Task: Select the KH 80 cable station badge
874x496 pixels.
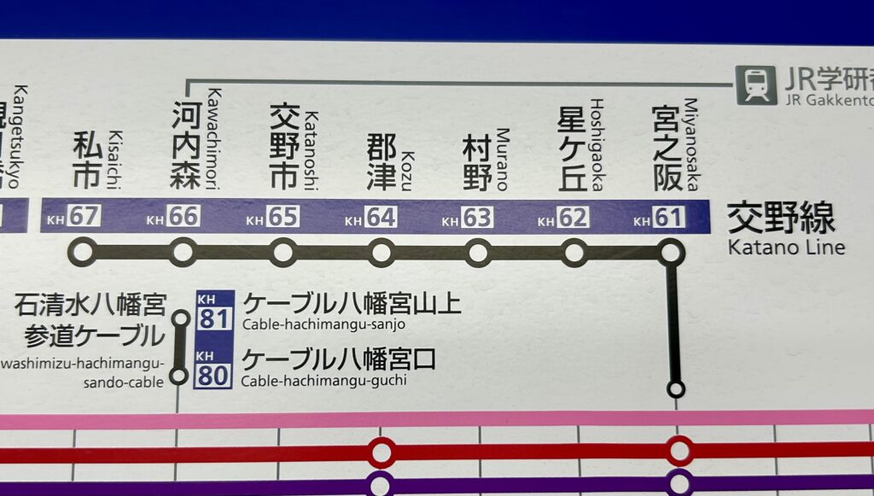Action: (213, 368)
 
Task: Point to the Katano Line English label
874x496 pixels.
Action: (785, 248)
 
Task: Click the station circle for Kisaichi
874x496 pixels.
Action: (83, 253)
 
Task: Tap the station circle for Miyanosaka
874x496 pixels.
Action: (671, 253)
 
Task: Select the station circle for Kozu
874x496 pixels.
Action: (382, 253)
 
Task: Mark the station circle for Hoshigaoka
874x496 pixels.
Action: (574, 253)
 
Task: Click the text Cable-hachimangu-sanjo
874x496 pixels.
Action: (323, 324)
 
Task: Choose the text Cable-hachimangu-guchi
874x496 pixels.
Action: (323, 380)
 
